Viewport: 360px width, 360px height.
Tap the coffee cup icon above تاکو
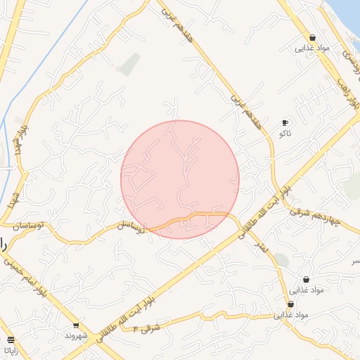[284, 122]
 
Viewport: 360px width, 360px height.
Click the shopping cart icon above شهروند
[75, 326]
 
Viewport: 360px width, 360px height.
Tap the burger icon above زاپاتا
[8, 339]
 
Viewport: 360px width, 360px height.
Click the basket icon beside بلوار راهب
[312, 38]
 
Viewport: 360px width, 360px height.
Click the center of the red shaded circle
[180, 179]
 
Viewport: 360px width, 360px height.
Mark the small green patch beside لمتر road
[281, 260]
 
